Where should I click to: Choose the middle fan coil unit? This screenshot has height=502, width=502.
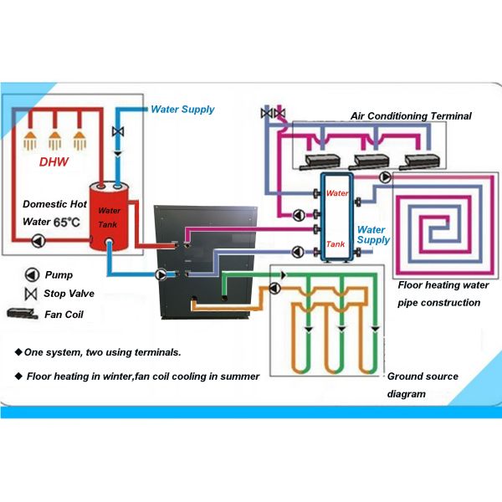371,161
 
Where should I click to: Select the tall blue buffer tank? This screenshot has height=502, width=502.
336,218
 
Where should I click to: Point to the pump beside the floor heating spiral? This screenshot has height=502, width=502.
384,177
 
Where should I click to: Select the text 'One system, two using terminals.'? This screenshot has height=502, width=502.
97,351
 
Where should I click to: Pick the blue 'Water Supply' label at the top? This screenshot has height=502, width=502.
182,109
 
